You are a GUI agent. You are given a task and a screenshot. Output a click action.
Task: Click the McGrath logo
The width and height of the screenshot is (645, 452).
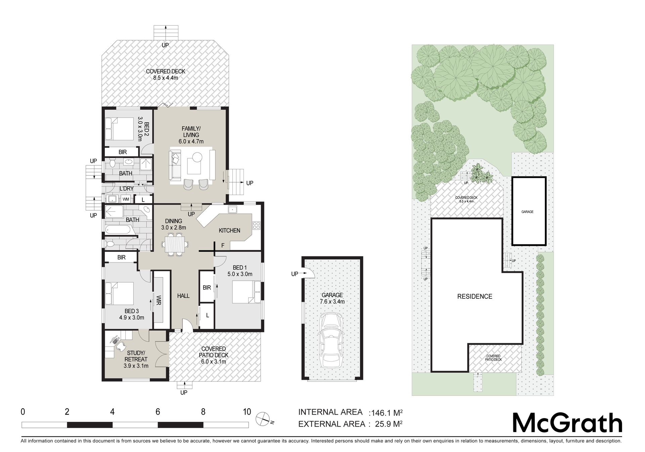pyautogui.click(x=567, y=423)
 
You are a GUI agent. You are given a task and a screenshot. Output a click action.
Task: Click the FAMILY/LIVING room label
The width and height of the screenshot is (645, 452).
pyautogui.click(x=191, y=132)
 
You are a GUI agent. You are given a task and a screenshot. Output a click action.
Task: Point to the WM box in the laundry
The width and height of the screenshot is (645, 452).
pyautogui.click(x=126, y=199)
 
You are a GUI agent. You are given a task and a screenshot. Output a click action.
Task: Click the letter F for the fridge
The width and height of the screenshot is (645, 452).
pyautogui.click(x=223, y=246)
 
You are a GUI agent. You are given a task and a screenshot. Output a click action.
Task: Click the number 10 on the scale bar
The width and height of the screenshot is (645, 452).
pyautogui.click(x=247, y=412)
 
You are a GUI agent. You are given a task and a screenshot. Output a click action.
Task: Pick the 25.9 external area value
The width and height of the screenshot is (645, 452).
pyautogui.click(x=384, y=424)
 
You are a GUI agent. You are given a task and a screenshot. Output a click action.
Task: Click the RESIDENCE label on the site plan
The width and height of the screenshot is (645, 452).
pyautogui.click(x=475, y=296)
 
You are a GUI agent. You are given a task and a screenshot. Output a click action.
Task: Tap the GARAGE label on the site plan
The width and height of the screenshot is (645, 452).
pyautogui.click(x=527, y=212)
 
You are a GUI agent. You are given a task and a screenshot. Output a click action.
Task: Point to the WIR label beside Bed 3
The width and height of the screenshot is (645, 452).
pyautogui.click(x=159, y=300)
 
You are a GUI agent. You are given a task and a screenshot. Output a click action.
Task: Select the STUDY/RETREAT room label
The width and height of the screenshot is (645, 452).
pyautogui.click(x=136, y=356)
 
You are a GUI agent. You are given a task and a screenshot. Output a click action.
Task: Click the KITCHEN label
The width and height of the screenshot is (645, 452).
pyautogui.click(x=229, y=231)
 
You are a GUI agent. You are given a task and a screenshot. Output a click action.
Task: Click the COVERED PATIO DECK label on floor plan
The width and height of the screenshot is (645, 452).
pyautogui.click(x=213, y=352)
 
